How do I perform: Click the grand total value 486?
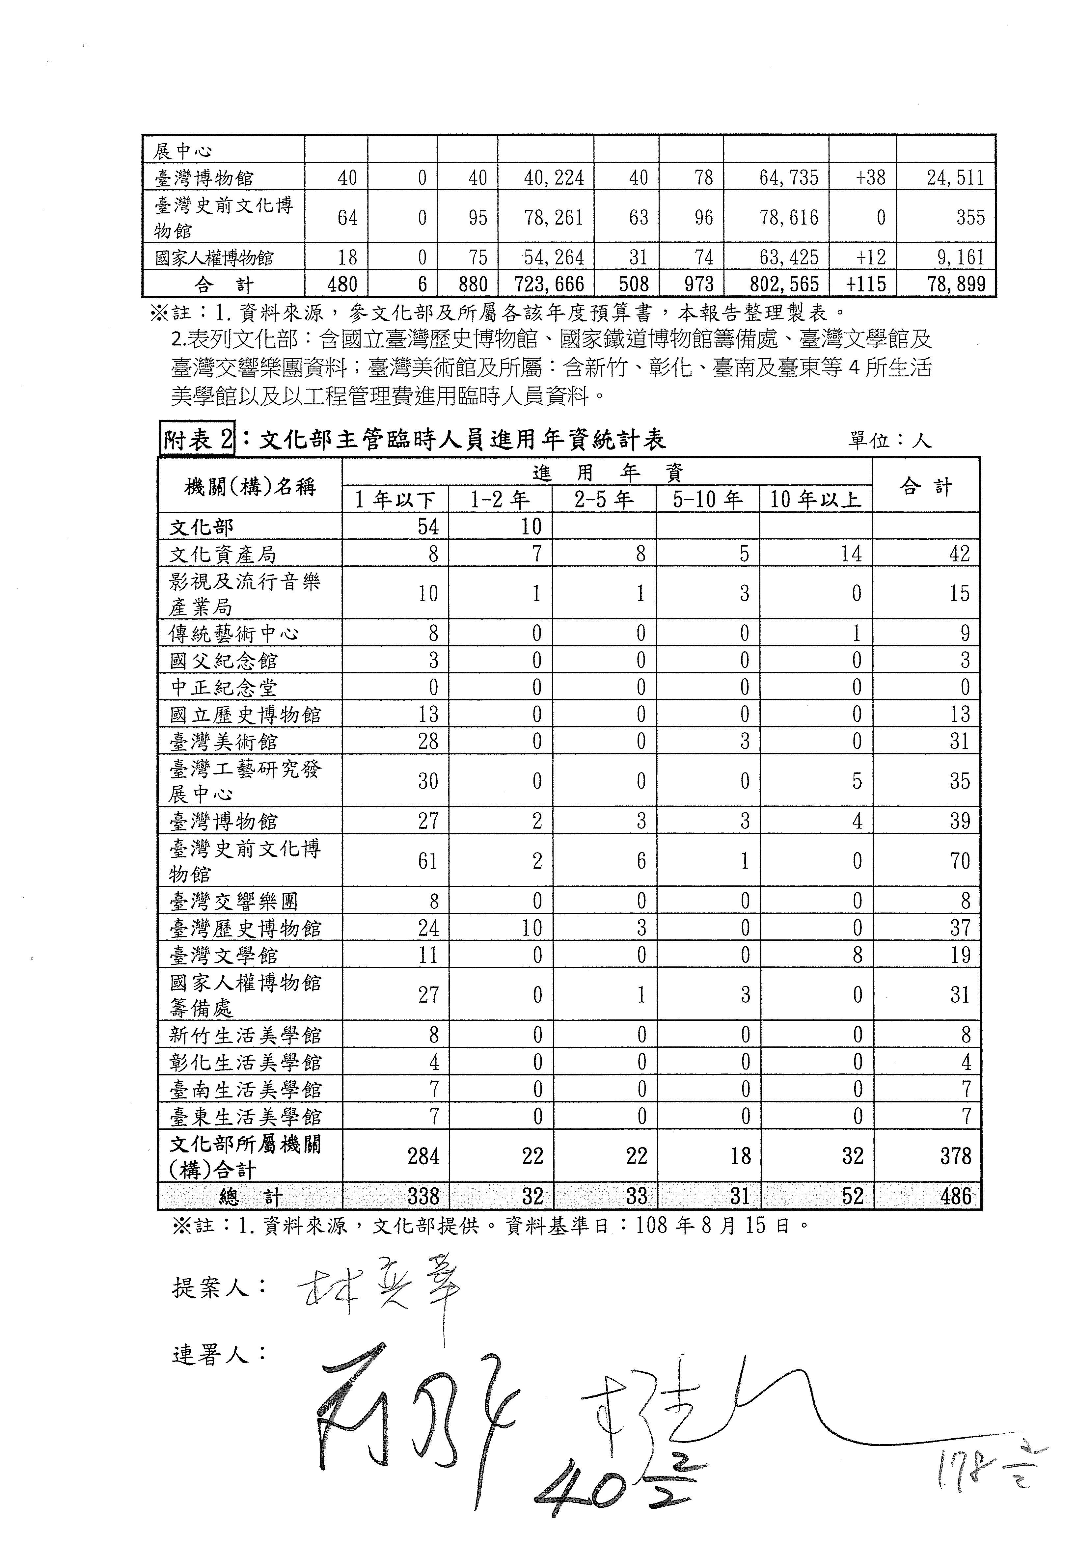pos(956,1196)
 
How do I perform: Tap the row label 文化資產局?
pos(223,554)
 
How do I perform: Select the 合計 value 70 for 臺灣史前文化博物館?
pos(960,861)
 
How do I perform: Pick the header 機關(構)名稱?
pos(250,486)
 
